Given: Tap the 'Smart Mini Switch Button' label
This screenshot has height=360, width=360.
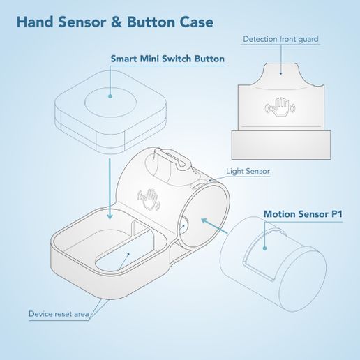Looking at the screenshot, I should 167,59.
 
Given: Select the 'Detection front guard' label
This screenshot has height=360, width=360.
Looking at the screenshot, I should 280,39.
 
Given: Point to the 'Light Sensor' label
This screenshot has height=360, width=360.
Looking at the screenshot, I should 248,171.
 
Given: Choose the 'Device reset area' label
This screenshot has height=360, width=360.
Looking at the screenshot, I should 59,314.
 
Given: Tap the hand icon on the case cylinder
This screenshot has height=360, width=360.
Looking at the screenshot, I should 149,198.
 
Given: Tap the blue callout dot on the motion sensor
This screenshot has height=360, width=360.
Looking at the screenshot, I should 265,247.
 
